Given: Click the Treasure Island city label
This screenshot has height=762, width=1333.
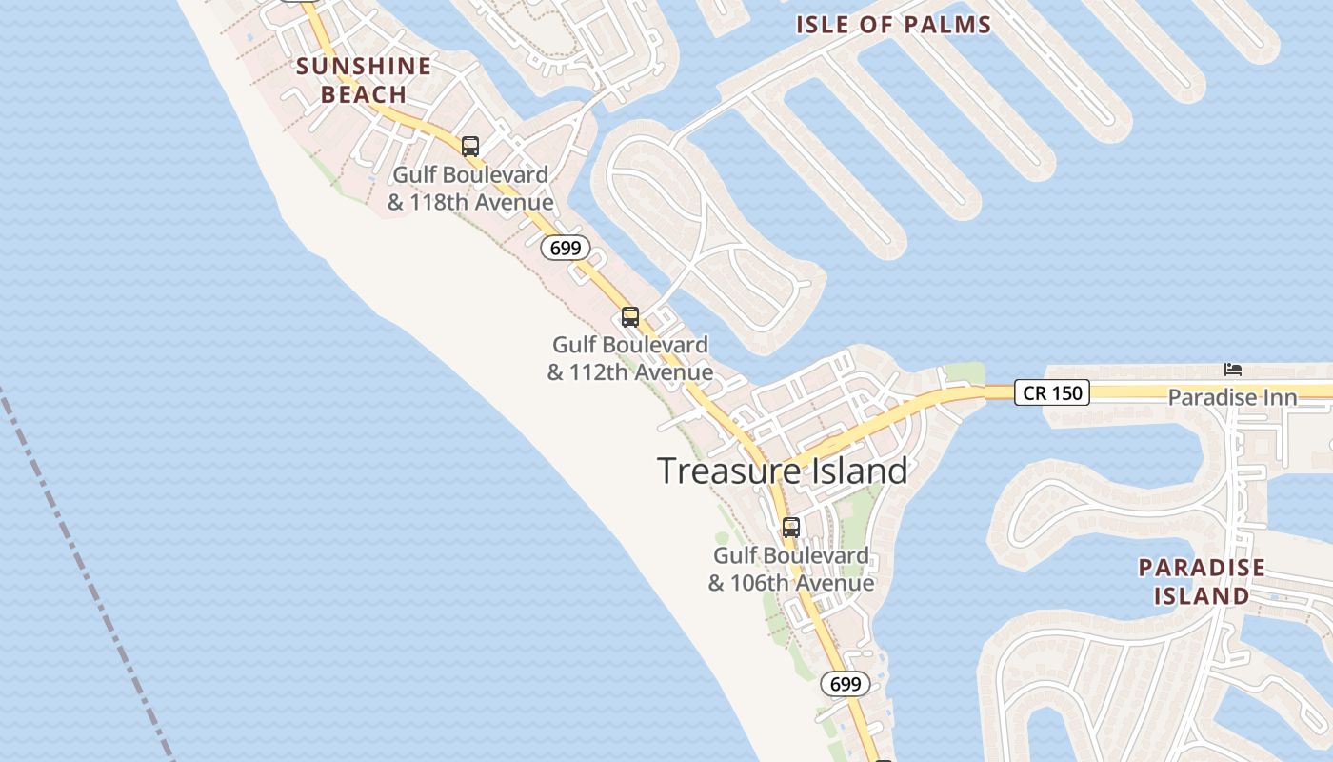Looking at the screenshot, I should click(x=782, y=471).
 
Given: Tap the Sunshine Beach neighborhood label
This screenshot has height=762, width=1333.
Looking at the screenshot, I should click(x=364, y=80).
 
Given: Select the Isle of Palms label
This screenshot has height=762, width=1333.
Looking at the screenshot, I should click(x=894, y=25).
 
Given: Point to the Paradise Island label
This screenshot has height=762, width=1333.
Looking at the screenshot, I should click(x=1202, y=582).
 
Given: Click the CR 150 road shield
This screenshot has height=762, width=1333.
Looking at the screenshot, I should click(x=1051, y=392).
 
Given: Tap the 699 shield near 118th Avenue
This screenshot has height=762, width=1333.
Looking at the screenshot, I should click(x=566, y=249).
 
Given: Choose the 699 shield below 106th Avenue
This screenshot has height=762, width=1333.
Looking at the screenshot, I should click(x=845, y=684).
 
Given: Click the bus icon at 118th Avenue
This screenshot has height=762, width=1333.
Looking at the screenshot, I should click(x=470, y=147).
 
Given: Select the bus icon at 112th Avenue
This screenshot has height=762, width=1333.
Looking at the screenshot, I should click(x=629, y=317).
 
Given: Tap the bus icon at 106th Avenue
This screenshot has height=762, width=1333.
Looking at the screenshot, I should click(x=790, y=527).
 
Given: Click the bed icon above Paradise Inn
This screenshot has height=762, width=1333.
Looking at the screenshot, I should click(x=1233, y=370).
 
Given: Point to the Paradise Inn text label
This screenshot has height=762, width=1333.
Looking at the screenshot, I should click(x=1232, y=397).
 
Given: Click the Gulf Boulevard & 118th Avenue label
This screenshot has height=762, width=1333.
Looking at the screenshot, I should click(x=470, y=189).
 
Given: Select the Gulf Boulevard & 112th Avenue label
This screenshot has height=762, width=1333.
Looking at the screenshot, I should click(x=630, y=358).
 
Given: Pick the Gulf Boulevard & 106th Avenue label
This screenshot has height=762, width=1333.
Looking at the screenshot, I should click(x=790, y=569).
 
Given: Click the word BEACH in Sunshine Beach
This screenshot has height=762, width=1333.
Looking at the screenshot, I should click(x=364, y=94).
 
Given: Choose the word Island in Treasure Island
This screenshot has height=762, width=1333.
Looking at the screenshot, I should click(x=851, y=471).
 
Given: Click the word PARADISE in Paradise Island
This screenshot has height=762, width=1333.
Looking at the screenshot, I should click(x=1202, y=568).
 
